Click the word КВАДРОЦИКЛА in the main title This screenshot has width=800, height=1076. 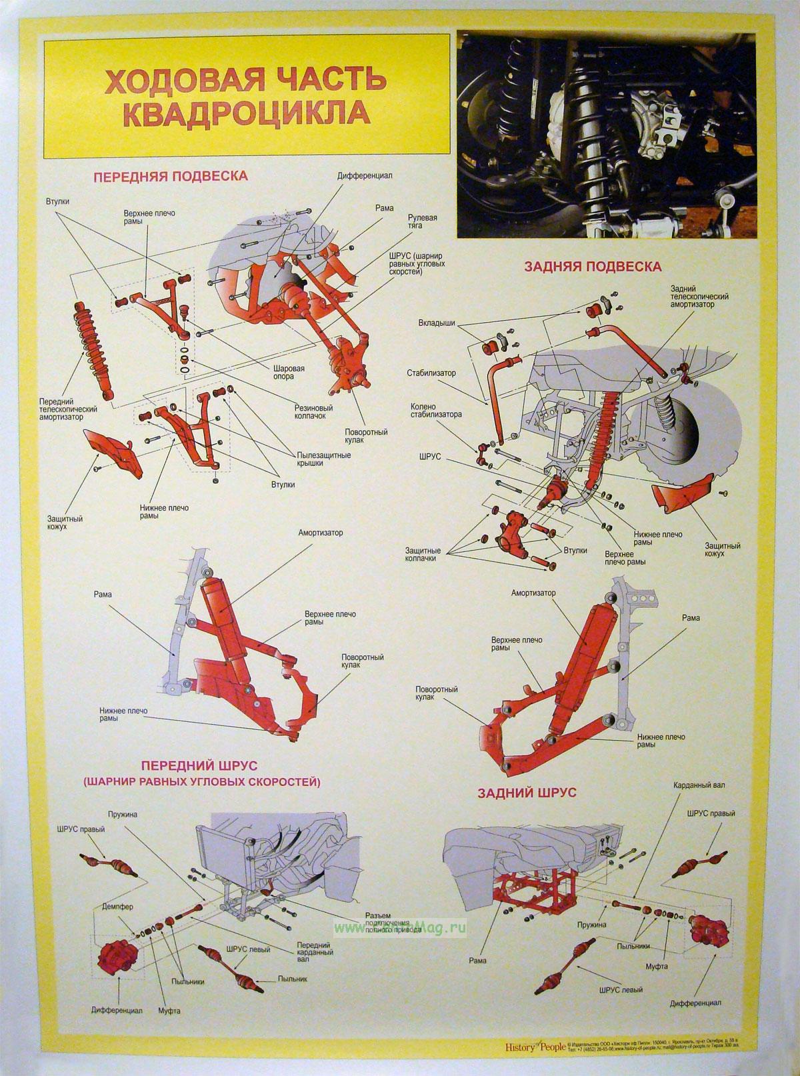[247, 113]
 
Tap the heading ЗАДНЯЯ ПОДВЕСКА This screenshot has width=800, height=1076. [593, 267]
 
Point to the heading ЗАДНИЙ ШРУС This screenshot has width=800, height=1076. [527, 793]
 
